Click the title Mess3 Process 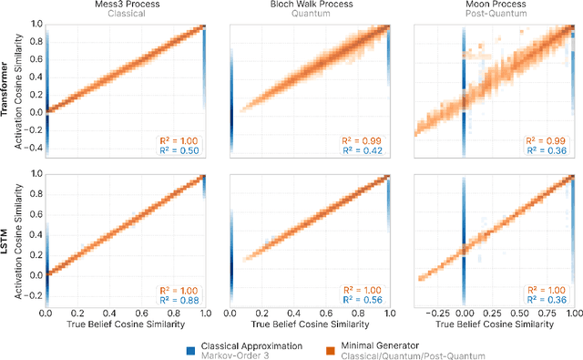(127, 5)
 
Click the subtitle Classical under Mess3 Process (127, 16)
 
